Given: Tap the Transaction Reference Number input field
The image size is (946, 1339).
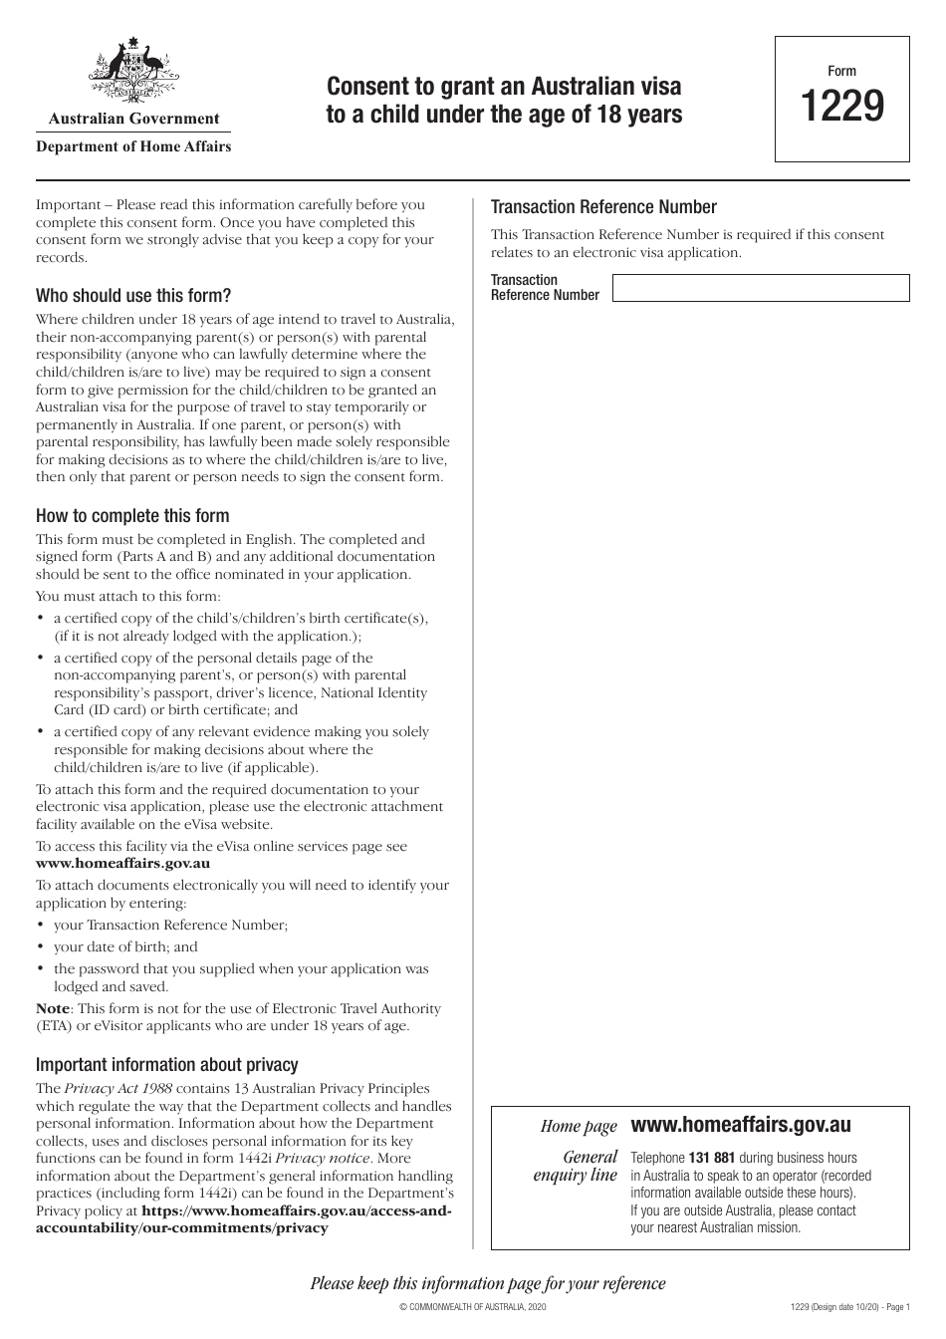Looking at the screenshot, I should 760,288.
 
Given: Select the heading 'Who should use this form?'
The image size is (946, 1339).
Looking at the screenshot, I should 133,296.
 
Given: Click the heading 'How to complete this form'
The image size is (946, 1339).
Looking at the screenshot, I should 132,516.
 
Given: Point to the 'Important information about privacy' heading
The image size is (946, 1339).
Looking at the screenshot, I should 166,1065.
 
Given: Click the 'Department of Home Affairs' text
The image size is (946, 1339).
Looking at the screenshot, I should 133,146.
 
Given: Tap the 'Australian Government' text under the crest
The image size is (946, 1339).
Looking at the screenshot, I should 133,119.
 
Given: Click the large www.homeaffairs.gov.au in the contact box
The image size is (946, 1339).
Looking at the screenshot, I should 741,1125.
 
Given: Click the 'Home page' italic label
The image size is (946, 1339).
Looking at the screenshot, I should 579,1127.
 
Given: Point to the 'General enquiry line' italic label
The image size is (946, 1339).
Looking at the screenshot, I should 577,1167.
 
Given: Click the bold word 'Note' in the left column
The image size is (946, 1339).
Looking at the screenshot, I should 53,1008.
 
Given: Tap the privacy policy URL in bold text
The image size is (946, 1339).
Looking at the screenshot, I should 244,1219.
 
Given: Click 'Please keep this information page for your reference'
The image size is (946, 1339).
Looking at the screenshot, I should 488,1283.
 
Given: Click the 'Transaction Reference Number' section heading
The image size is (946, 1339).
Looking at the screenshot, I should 603,207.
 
